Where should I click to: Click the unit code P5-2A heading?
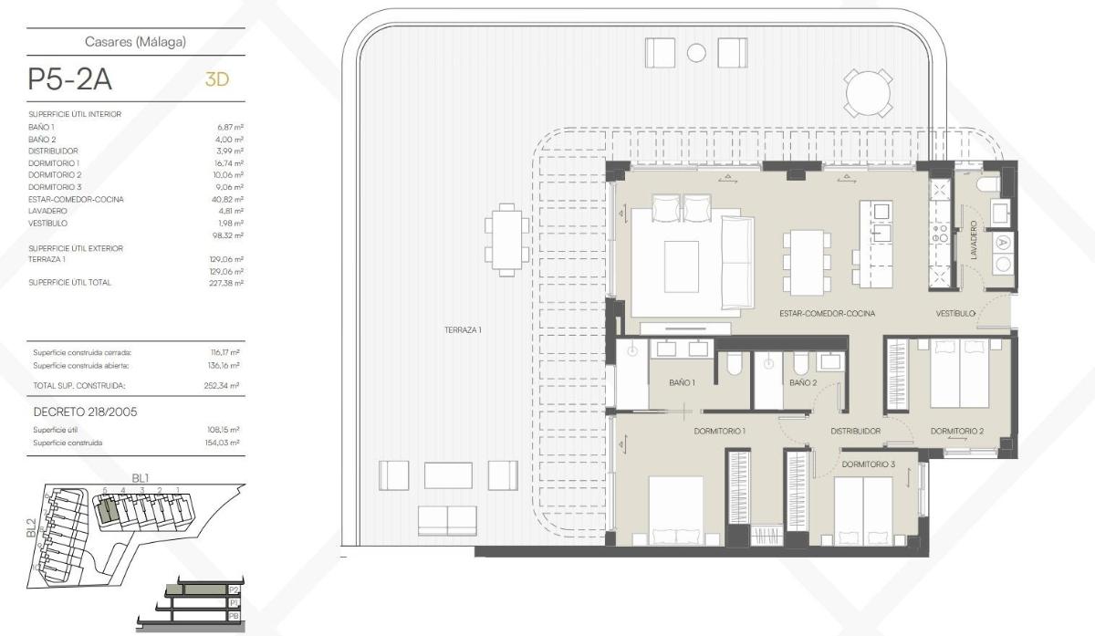[x=70, y=79]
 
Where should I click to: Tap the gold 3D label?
[x=216, y=79]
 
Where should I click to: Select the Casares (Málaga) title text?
[x=136, y=41]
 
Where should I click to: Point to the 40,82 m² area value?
[x=227, y=199]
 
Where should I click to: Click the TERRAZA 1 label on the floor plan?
[x=457, y=330]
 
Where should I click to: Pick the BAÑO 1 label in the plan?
[x=682, y=382]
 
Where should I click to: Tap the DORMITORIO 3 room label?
[x=869, y=464]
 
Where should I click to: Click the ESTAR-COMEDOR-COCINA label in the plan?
[x=827, y=313]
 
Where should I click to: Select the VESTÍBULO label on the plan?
[x=955, y=313]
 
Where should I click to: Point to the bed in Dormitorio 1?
[x=684, y=511]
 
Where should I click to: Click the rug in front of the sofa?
[x=681, y=266]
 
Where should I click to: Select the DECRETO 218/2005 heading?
[x=85, y=412]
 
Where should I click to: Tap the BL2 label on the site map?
[x=32, y=527]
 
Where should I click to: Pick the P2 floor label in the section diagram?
[x=235, y=590]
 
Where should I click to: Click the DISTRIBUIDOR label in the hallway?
[x=855, y=431]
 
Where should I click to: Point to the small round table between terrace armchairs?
[x=696, y=53]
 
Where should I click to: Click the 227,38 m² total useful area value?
[x=226, y=283]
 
